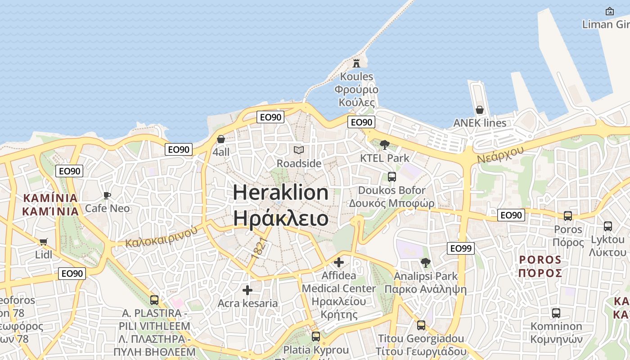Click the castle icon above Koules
(x=356, y=63)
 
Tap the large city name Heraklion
(x=281, y=193)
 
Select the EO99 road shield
(x=461, y=248)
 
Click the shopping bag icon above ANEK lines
(x=480, y=110)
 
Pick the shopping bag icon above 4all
(x=221, y=139)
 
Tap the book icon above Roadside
(x=299, y=150)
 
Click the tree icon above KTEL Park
(x=384, y=144)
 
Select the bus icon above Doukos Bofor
(x=391, y=176)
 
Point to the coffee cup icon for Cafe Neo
(x=107, y=195)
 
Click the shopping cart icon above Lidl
(x=44, y=242)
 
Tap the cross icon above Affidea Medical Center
(x=339, y=262)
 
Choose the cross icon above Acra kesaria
(x=247, y=290)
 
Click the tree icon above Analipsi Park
(x=425, y=262)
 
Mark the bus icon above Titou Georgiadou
(x=421, y=325)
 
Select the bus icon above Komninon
(x=556, y=313)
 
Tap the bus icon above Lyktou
(x=608, y=226)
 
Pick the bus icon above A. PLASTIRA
(x=154, y=300)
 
